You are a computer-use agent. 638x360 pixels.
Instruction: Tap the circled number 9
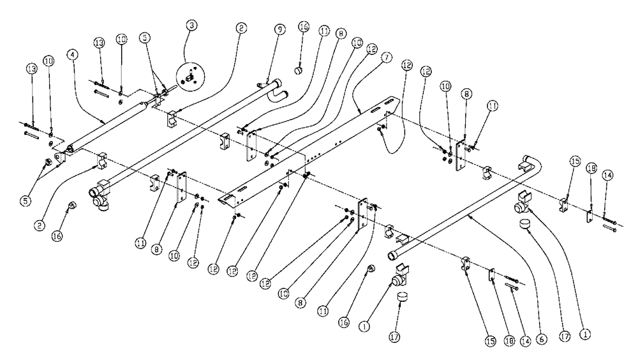[279, 29]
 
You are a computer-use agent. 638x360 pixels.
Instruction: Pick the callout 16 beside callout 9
[304, 27]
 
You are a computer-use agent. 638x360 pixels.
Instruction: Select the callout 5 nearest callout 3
[146, 38]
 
